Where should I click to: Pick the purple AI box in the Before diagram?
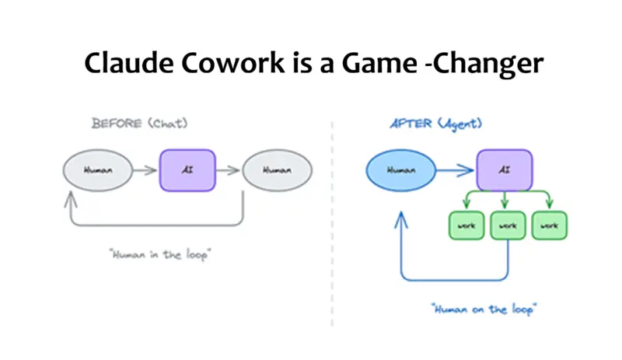(186, 168)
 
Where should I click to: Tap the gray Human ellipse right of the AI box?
(276, 168)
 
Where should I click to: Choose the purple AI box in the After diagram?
(504, 168)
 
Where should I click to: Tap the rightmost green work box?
(548, 225)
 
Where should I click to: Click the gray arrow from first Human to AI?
(145, 168)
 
